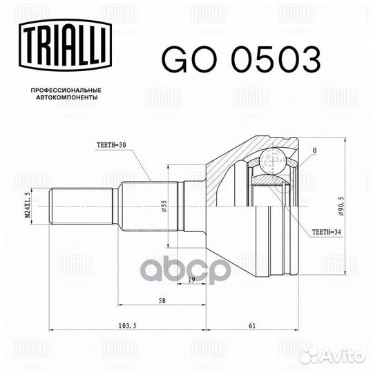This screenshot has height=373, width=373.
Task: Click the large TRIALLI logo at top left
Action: [66, 45]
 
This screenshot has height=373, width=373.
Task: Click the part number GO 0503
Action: [241, 59]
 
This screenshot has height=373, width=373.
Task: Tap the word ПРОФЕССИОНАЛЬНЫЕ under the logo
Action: [66, 90]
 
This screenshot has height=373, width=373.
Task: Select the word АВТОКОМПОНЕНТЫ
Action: [67, 97]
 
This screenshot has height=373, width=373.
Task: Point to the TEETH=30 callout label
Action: [111, 145]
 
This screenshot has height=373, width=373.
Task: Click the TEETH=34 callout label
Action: [326, 232]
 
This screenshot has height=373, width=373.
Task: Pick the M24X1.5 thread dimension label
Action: [28, 206]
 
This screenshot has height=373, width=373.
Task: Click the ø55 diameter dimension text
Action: [164, 206]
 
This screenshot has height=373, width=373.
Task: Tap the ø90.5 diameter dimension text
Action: [342, 207]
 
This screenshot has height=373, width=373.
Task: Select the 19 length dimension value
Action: [191, 280]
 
